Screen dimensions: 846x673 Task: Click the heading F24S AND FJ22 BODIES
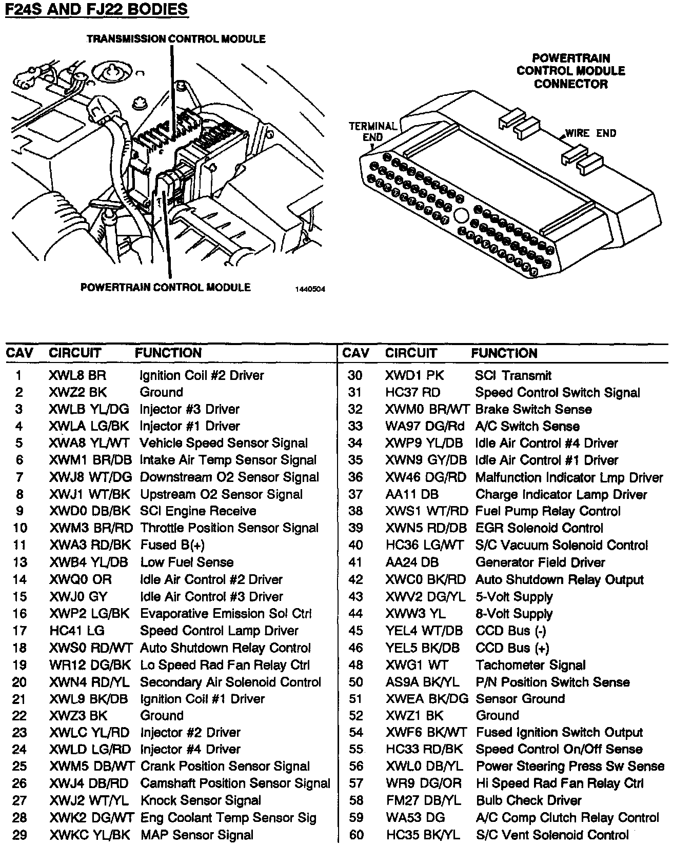point(96,10)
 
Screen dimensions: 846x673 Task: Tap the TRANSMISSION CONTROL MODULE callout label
point(176,39)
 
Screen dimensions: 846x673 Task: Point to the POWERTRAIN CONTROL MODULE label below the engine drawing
point(166,287)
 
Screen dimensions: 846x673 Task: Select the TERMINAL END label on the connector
point(373,131)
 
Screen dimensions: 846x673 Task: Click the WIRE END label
point(590,133)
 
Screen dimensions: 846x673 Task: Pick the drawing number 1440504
point(310,289)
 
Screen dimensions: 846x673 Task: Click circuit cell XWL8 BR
point(77,375)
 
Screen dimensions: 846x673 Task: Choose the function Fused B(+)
point(172,545)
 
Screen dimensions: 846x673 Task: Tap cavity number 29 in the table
point(19,835)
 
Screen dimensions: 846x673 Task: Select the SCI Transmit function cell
point(513,375)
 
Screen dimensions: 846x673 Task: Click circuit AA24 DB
point(412,562)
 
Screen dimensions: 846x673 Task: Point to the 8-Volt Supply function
point(514,614)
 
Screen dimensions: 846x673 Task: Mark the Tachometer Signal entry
point(530,665)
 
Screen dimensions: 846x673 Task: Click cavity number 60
point(356,835)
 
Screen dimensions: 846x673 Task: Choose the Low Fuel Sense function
point(187,562)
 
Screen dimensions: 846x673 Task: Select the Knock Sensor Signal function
point(201,800)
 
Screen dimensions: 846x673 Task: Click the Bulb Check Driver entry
point(528,800)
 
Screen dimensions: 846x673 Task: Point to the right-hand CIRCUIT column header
point(411,353)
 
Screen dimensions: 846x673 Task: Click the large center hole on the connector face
point(461,216)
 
